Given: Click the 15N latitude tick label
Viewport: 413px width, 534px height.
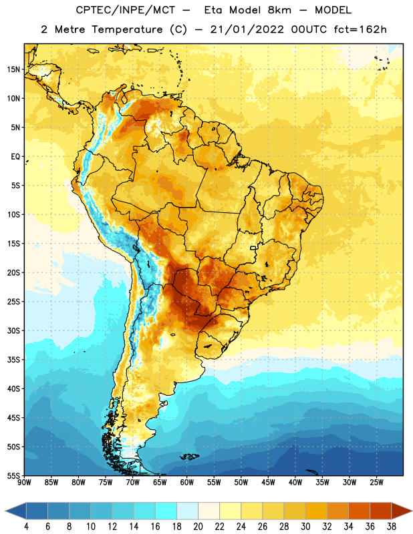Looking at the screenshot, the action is coord(13,69).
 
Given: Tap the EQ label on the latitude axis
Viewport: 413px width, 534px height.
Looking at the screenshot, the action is coord(15,157).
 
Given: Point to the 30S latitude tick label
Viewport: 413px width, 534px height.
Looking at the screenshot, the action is coord(13,330).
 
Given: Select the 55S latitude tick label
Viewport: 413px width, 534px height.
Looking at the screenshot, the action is coord(13,476).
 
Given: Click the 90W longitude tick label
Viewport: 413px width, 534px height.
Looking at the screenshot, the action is coord(24,482).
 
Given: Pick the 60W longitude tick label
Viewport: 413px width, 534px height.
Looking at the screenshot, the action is coord(187,482).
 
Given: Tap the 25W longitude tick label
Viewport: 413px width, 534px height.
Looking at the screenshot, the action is coord(376,482).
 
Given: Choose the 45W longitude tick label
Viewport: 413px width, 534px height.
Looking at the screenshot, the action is coord(268,482).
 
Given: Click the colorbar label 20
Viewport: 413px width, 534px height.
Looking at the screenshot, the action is coord(198,527).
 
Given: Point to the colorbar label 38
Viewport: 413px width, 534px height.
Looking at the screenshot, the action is coord(392,527).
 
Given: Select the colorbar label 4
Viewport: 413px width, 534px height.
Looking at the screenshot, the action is coord(26,527).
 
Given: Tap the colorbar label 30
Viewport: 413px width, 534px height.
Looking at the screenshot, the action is coord(305,527).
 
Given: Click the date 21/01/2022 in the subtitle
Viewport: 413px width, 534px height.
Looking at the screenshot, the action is coord(247,29).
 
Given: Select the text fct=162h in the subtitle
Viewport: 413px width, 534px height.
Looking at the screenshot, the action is coord(360,29).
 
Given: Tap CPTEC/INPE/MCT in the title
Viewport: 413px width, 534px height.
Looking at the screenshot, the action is coord(125,10).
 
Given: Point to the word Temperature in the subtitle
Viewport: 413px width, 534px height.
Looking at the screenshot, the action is coord(127,29).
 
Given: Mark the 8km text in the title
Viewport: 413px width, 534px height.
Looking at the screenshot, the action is coord(279,10).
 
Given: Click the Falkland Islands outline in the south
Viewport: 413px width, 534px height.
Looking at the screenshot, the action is coord(190,457).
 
